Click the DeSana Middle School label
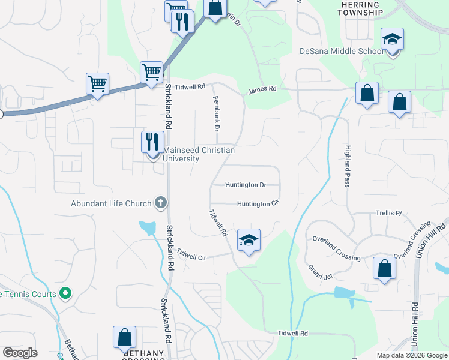tap(341, 52)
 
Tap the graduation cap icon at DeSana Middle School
tap(392, 40)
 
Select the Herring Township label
tap(360, 8)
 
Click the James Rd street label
tap(262, 89)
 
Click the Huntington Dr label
tap(246, 185)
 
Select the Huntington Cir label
tap(258, 204)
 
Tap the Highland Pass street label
tap(347, 166)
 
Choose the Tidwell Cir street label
tap(191, 256)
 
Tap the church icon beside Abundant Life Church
tap(160, 203)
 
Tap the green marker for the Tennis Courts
tap(66, 294)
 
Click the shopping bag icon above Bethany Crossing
tap(124, 337)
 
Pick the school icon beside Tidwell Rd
tap(248, 241)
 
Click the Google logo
tap(20, 353)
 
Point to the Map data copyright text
tap(411, 355)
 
